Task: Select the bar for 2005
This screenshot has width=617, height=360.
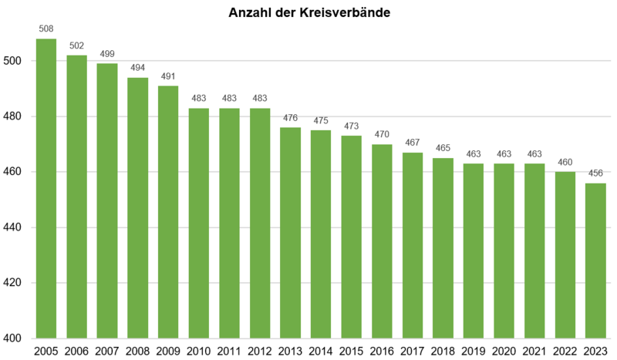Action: [x=46, y=189]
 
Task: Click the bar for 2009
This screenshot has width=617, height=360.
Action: [x=168, y=212]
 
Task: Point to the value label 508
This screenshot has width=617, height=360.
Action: [x=46, y=29]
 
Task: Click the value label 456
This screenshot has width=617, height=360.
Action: [x=595, y=173]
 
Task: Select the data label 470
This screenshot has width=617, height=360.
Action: [x=382, y=135]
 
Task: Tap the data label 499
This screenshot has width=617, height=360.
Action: [x=107, y=54]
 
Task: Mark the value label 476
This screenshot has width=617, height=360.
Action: [x=290, y=118]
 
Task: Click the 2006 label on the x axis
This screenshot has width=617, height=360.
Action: [x=76, y=352]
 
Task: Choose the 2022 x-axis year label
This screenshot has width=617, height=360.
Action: [x=565, y=352]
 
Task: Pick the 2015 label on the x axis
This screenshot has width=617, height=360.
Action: [x=351, y=352]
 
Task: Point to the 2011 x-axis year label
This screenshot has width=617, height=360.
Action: [x=229, y=352]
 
